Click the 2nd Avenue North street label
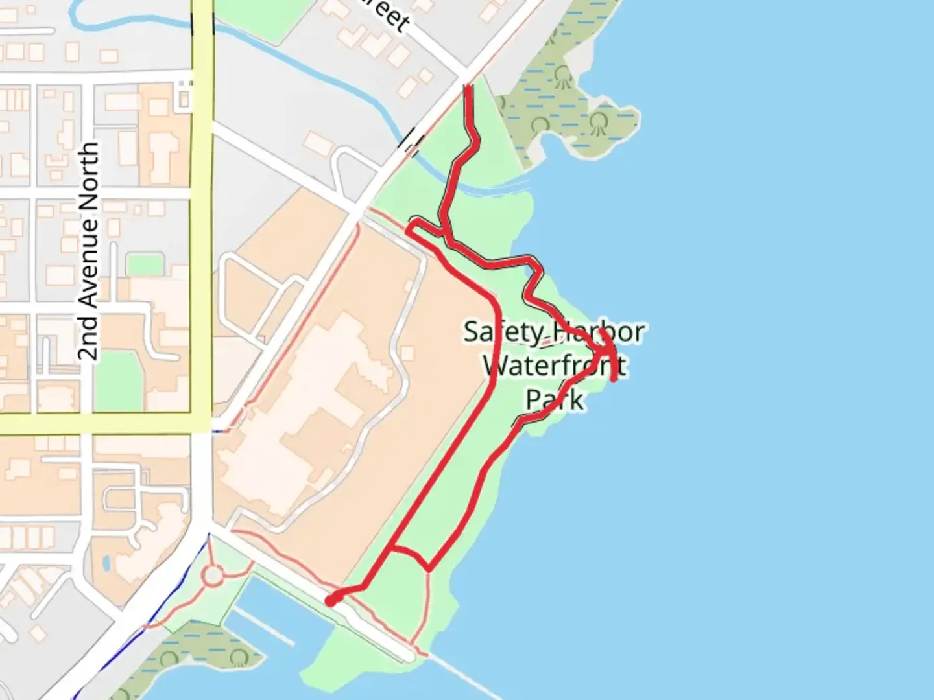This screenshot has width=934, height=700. point(89,251)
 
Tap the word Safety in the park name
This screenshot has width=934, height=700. point(503,332)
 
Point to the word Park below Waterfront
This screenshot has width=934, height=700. point(555,399)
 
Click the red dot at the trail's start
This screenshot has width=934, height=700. point(331,601)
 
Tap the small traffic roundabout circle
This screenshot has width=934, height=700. point(213,574)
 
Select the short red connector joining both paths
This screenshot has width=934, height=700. point(410,554)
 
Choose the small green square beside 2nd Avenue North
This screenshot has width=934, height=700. point(144,265)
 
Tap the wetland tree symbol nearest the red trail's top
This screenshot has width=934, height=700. point(562,78)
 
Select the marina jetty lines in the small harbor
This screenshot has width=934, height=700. point(263,625)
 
